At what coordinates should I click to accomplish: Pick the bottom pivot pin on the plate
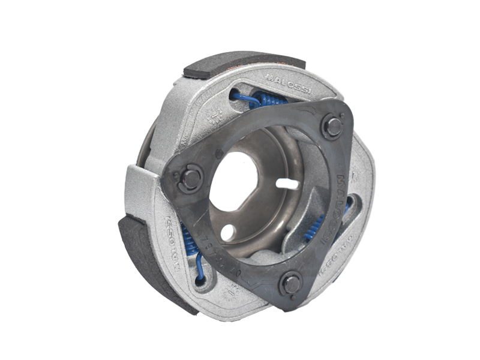click(291, 283)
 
